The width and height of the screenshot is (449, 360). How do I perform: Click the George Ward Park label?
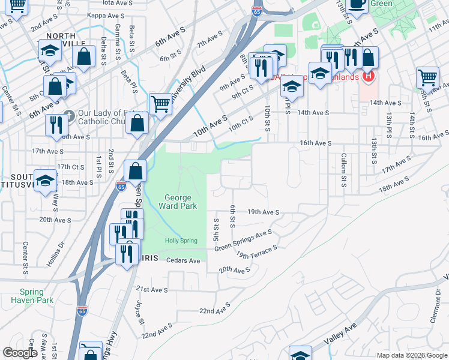[x=178, y=202]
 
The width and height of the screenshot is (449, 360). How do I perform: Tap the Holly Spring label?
[x=181, y=241]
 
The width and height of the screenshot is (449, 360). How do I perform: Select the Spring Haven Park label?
[x=32, y=296]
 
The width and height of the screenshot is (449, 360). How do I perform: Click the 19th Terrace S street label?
[x=257, y=251]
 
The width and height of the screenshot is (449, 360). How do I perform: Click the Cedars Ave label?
[x=182, y=261]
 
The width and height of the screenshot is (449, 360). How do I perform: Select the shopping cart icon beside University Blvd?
[x=160, y=104]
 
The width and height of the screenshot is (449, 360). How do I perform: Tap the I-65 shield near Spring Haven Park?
[x=82, y=311]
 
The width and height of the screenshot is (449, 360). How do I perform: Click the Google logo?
[x=20, y=353]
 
